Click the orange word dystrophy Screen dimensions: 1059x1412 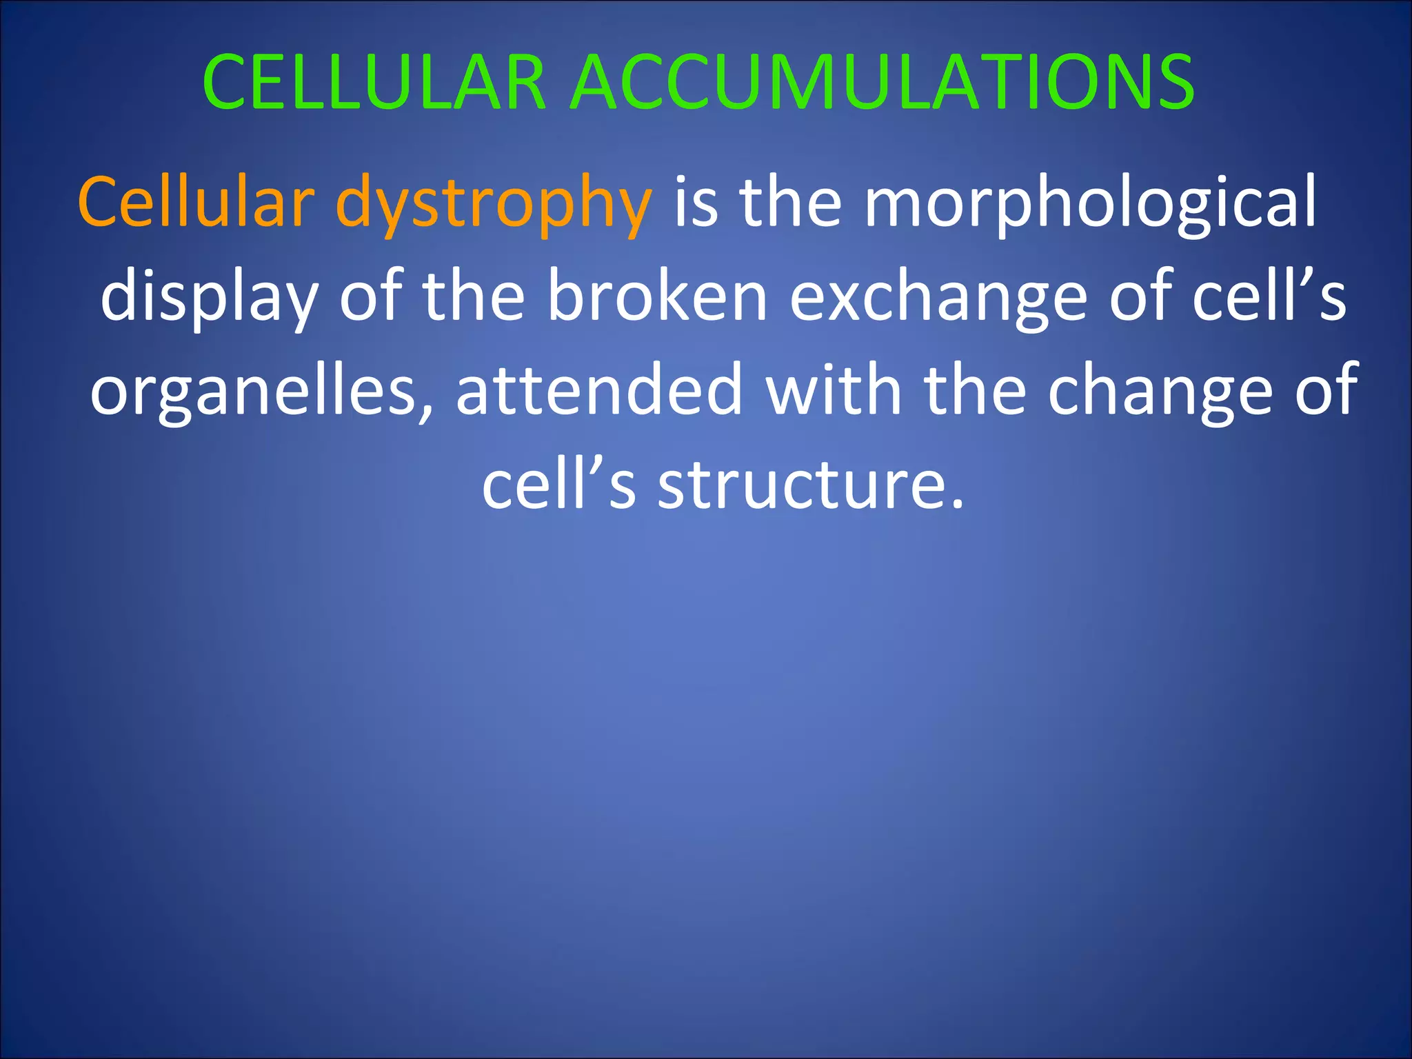click(493, 205)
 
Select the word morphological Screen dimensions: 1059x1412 click(1090, 205)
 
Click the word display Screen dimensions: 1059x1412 click(209, 299)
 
